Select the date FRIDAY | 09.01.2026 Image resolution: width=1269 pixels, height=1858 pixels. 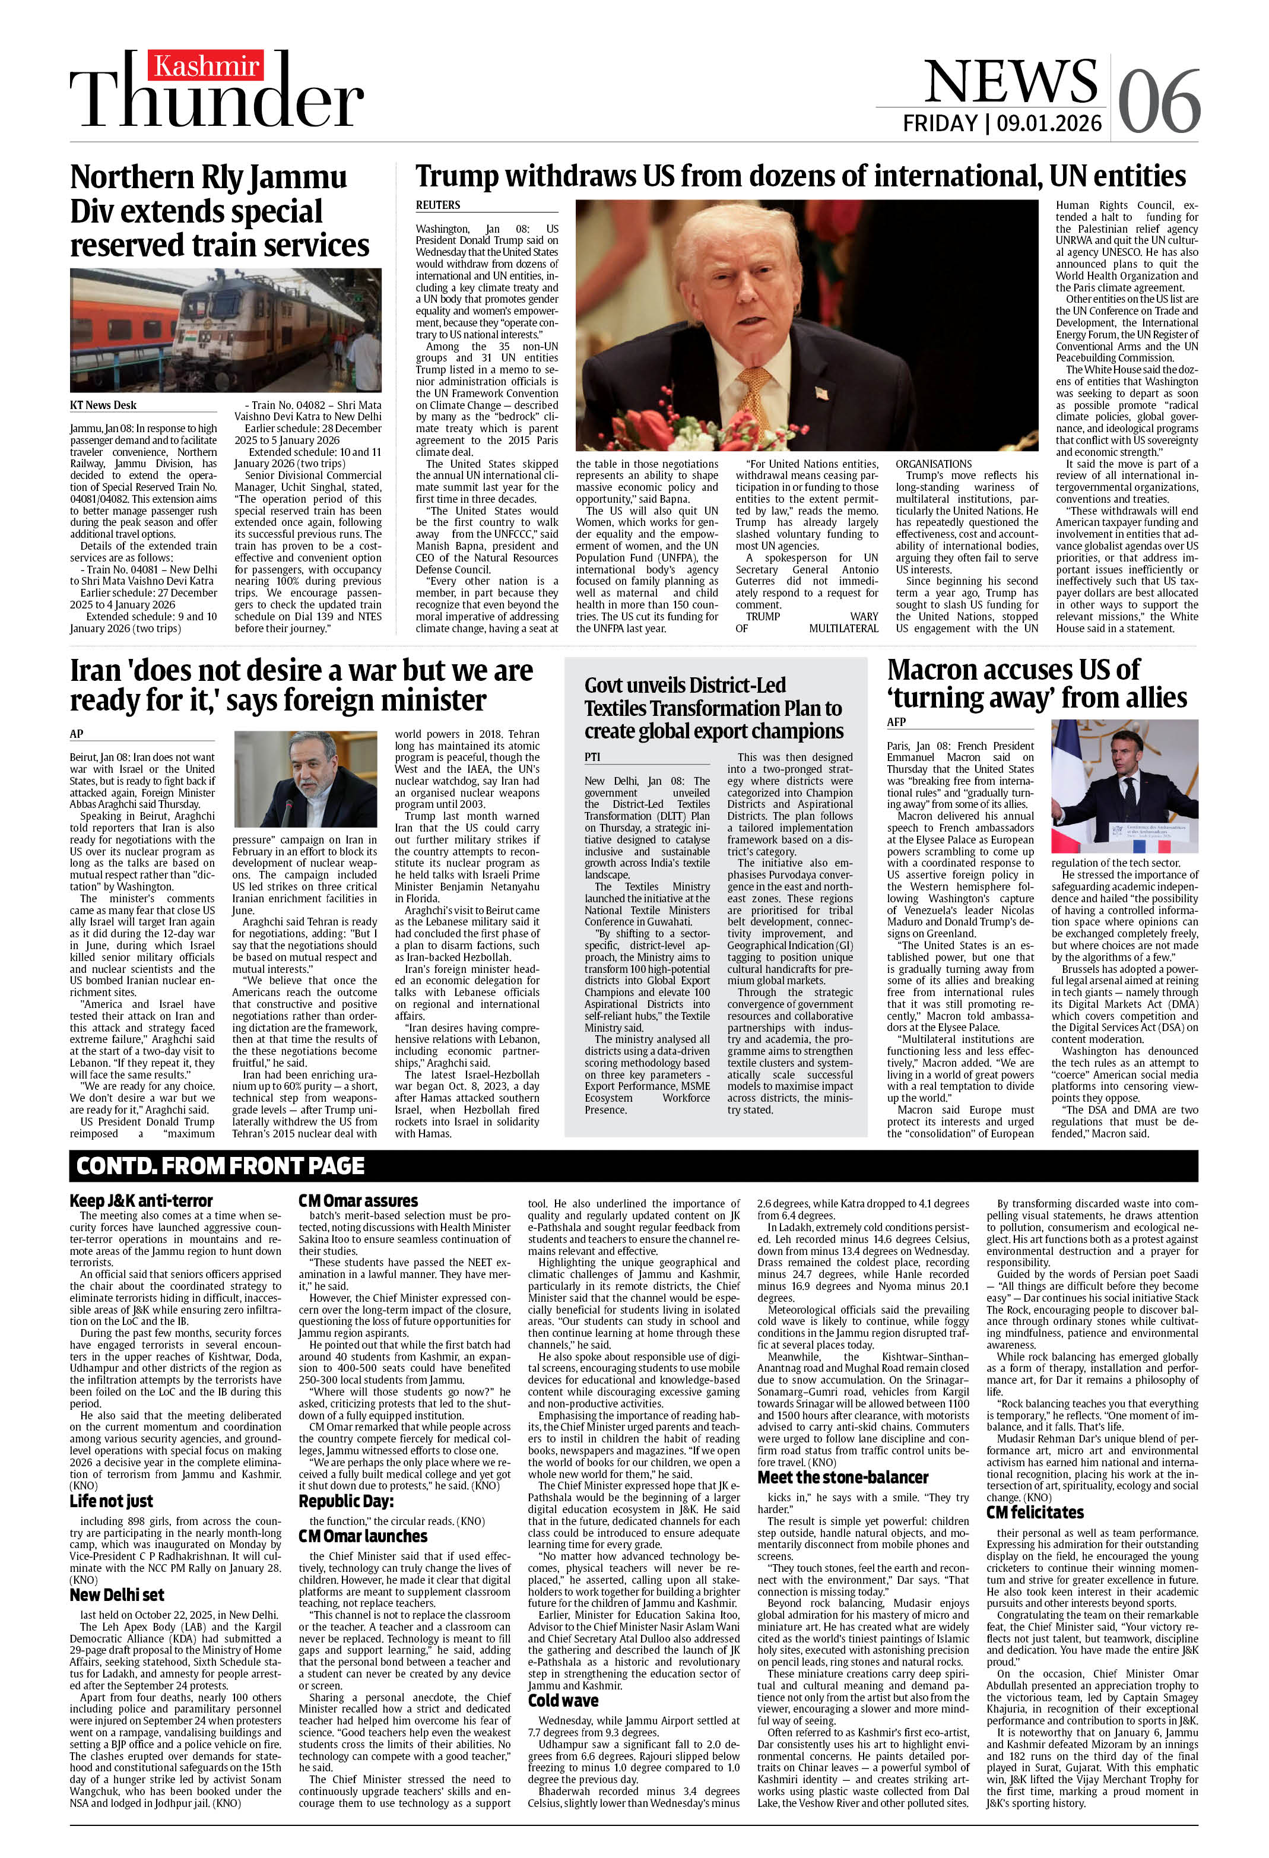[x=1002, y=123]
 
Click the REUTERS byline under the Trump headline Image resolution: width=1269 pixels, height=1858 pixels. [x=437, y=205]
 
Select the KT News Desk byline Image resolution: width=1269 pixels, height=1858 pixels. [x=103, y=405]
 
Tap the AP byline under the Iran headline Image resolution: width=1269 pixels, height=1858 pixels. [x=77, y=733]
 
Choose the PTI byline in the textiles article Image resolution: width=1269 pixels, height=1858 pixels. [x=592, y=756]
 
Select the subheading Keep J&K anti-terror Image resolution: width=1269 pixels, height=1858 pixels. [x=141, y=1201]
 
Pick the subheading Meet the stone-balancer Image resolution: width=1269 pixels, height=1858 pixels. [x=843, y=1477]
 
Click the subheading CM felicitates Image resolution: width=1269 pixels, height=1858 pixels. [x=1035, y=1513]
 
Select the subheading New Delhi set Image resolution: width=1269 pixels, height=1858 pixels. [x=117, y=1595]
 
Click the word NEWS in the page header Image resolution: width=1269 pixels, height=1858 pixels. [x=1011, y=81]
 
